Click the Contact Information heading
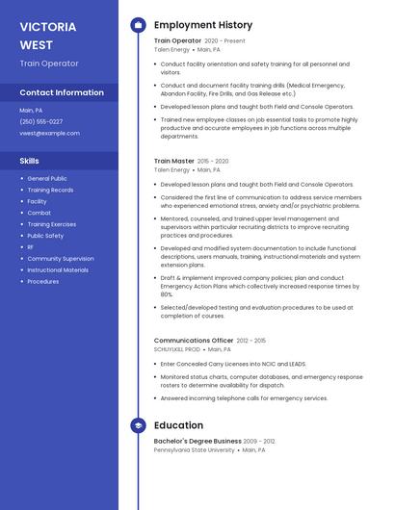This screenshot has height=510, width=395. [62, 92]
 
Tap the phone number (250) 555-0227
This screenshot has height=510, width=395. [41, 121]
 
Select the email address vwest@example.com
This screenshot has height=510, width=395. [49, 133]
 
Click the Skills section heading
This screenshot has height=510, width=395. [30, 161]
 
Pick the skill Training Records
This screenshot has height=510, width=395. [50, 190]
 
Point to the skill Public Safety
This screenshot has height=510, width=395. [45, 236]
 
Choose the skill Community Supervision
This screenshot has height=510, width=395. [61, 259]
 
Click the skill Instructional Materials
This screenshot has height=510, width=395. [58, 270]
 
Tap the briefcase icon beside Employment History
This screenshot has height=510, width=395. [138, 25]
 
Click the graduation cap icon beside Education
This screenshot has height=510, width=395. [138, 425]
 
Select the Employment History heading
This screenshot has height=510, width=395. [203, 25]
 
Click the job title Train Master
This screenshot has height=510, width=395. [174, 161]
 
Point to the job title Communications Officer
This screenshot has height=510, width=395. [194, 341]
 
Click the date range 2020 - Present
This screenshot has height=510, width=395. [225, 41]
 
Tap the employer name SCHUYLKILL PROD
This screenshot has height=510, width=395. [177, 349]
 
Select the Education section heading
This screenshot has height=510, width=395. [178, 425]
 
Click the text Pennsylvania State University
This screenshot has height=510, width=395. [195, 449]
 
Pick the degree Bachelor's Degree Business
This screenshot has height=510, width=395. [197, 441]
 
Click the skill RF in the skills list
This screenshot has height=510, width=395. [31, 247]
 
